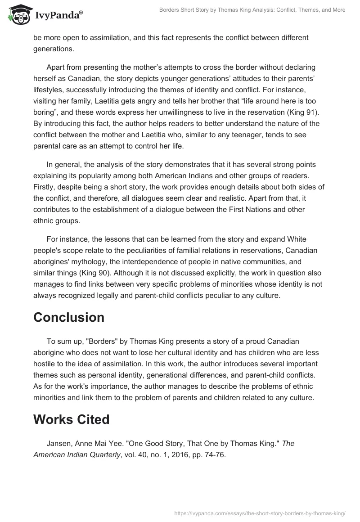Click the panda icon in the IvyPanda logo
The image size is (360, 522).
coord(17,16)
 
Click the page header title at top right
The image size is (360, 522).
coord(252,10)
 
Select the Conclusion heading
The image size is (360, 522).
coord(69,317)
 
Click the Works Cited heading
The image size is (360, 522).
coord(72,419)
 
